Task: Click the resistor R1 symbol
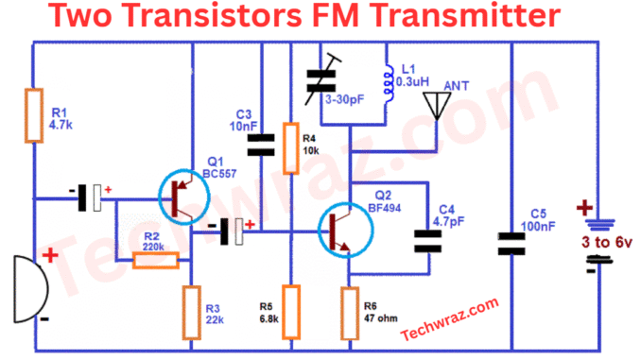35,115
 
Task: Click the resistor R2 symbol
154,257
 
